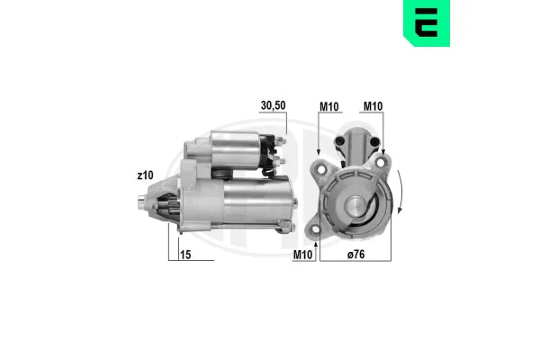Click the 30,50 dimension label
click(x=273, y=106)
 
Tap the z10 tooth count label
click(x=145, y=175)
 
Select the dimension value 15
click(x=185, y=255)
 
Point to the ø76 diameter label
click(x=356, y=255)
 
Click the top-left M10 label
click(x=329, y=107)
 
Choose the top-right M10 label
click(x=373, y=106)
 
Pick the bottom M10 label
click(x=302, y=255)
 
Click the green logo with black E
click(x=427, y=22)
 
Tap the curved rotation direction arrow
click(x=400, y=192)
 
